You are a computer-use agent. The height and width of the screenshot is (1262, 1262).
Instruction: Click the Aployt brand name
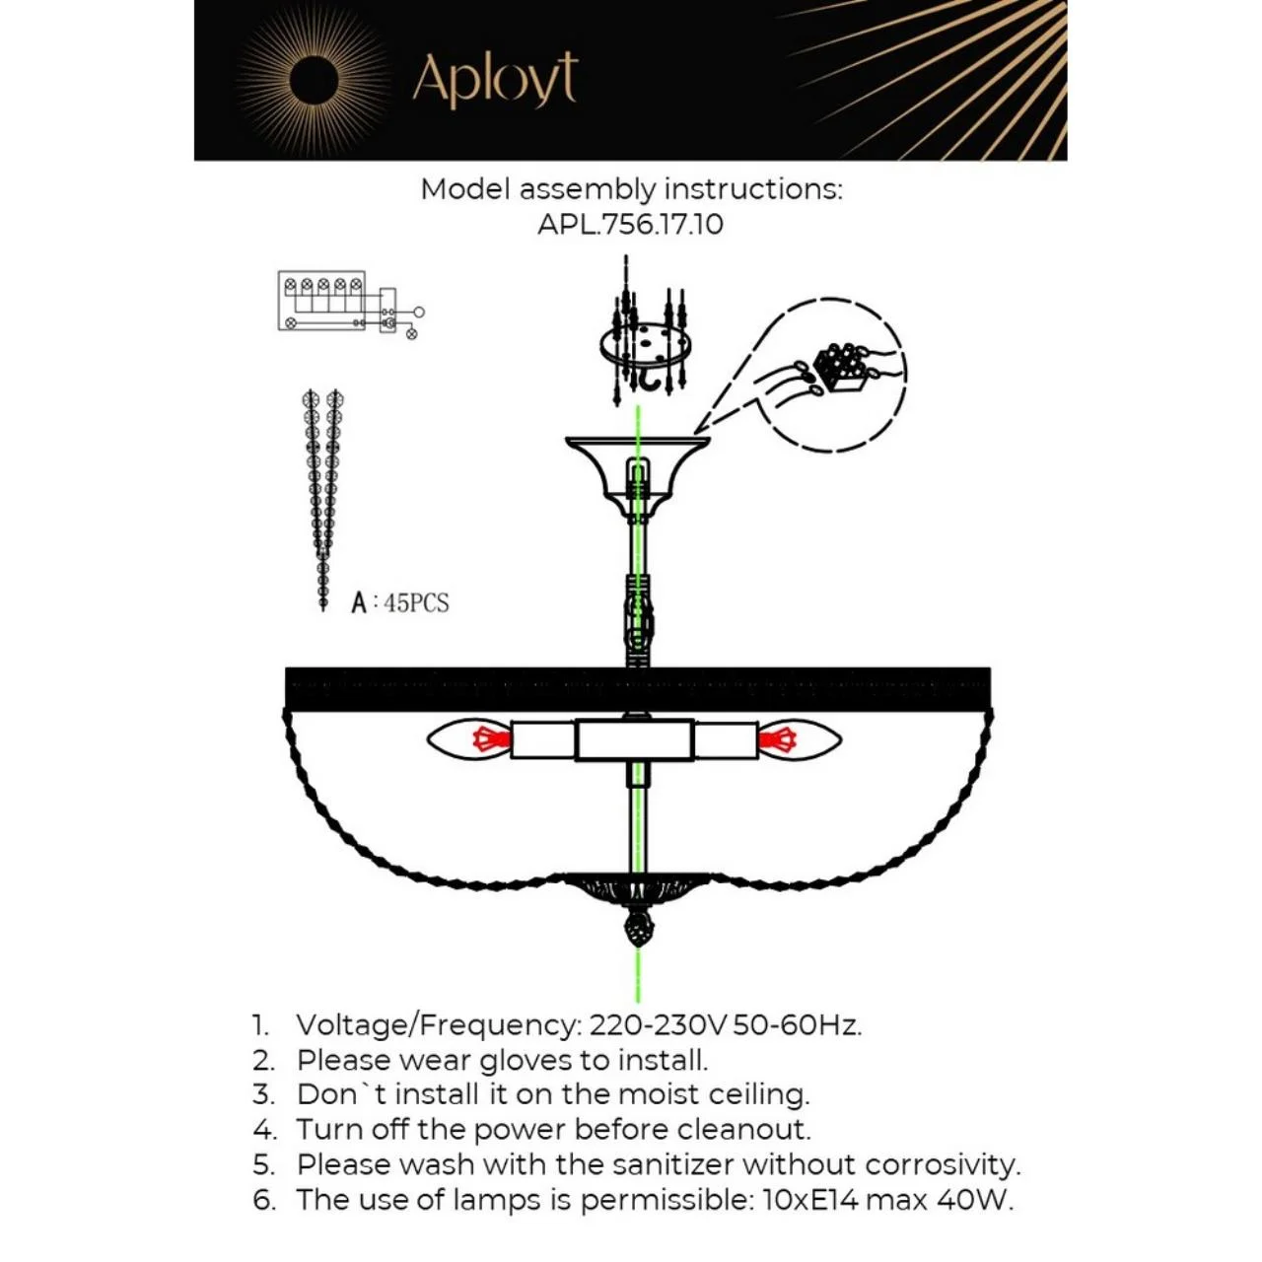495,80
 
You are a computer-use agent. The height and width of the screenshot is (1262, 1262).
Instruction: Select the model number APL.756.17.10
630,225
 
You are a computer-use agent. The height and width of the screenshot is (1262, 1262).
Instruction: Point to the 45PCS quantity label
416,602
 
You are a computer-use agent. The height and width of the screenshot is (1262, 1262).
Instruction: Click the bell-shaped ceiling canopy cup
637,475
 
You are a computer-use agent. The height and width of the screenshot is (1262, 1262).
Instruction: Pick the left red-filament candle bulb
469,739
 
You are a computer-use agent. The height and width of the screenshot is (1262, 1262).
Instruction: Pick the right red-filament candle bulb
801,740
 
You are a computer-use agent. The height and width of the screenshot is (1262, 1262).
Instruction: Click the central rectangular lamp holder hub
634,740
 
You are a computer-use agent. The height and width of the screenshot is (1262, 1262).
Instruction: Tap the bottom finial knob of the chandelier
638,927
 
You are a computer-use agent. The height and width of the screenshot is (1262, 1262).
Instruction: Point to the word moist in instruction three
659,1095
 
